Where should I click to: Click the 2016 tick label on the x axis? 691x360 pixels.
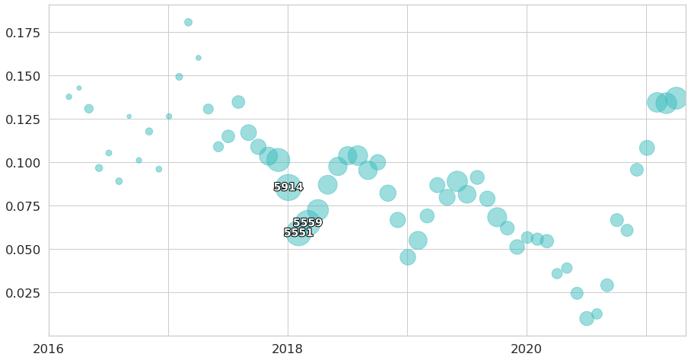(x=49, y=349)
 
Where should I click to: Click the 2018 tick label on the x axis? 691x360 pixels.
(x=288, y=349)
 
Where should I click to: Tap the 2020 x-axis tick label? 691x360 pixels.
(x=527, y=349)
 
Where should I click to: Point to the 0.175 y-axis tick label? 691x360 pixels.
(x=23, y=33)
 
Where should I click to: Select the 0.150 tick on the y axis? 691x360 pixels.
(x=23, y=76)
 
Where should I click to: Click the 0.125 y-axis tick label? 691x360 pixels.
(x=23, y=119)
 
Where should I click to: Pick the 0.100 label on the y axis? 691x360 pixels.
(x=23, y=163)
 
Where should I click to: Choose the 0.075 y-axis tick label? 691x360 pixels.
(x=23, y=206)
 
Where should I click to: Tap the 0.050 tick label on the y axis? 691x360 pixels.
(x=23, y=250)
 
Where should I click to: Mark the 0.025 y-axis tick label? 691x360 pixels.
(x=23, y=293)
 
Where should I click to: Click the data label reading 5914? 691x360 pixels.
(x=288, y=187)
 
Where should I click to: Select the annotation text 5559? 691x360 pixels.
(x=307, y=223)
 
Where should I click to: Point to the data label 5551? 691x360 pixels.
(x=298, y=233)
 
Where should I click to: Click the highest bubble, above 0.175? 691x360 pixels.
(x=188, y=23)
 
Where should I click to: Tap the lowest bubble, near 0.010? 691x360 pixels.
(x=587, y=318)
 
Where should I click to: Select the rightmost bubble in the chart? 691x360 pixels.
(x=676, y=98)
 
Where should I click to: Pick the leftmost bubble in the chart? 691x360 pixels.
(x=68, y=97)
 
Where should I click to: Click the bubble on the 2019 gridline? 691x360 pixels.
(x=408, y=257)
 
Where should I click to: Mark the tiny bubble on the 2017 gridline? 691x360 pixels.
(x=169, y=116)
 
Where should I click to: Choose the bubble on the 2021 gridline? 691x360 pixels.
(x=647, y=148)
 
